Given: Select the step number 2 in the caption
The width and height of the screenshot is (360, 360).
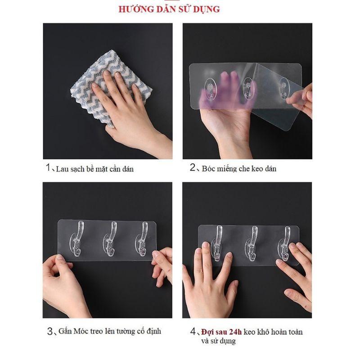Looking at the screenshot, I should pyautogui.click(x=193, y=168).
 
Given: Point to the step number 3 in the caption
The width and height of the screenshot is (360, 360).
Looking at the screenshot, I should pyautogui.click(x=50, y=332).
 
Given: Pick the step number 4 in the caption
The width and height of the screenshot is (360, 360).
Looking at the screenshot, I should pyautogui.click(x=193, y=332).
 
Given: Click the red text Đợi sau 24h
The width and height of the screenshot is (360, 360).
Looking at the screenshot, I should pyautogui.click(x=222, y=332).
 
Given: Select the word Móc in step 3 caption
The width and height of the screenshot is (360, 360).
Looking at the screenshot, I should pyautogui.click(x=81, y=332).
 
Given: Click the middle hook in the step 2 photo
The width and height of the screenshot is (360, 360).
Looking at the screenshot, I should pyautogui.click(x=246, y=88).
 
